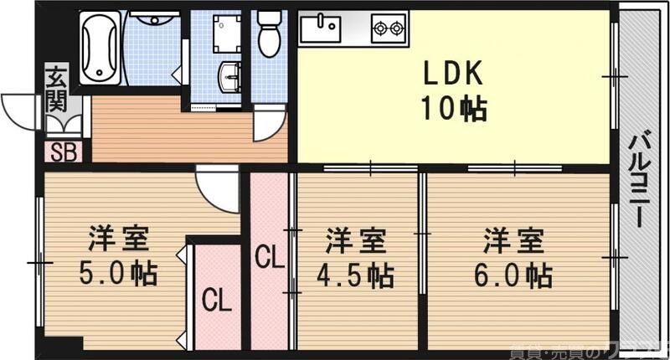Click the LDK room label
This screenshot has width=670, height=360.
click(452, 75)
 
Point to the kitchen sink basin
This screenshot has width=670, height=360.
click(321, 28)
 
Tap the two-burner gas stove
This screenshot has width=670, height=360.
click(388, 28)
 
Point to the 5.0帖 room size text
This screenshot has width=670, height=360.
click(121, 273)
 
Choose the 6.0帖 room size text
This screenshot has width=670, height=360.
click(514, 274)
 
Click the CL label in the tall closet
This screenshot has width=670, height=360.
click(269, 256)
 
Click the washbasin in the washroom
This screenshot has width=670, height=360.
click(229, 80)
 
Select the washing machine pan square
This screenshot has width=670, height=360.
click(226, 34)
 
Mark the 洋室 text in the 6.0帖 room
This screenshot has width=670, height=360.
click(513, 240)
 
